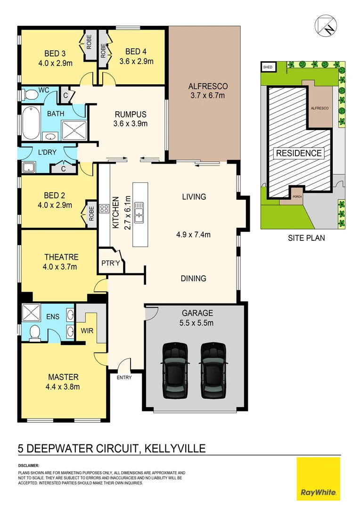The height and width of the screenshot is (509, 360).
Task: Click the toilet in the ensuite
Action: pyautogui.click(x=34, y=332)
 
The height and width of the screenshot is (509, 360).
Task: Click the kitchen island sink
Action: pyautogui.click(x=139, y=212)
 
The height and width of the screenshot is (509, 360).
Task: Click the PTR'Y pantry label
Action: pyautogui.click(x=111, y=263)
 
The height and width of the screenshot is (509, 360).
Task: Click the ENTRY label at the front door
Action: pyautogui.click(x=124, y=378)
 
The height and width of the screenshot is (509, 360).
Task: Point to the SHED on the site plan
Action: pyautogui.click(x=268, y=67)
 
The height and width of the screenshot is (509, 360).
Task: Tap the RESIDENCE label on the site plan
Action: pyautogui.click(x=299, y=153)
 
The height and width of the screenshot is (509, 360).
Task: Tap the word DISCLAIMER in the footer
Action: pyautogui.click(x=29, y=466)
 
